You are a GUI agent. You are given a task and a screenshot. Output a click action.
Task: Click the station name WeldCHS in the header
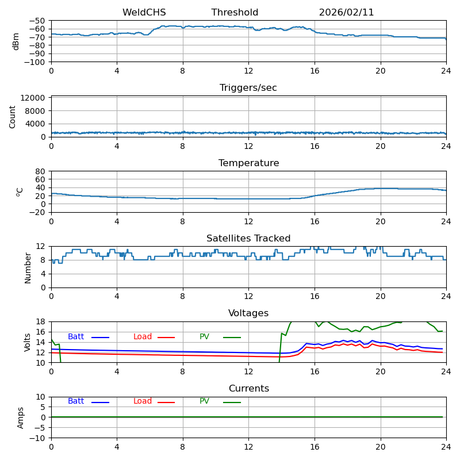144,13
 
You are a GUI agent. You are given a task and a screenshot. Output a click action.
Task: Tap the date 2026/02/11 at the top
346,13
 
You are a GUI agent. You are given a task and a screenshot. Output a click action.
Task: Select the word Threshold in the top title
235,13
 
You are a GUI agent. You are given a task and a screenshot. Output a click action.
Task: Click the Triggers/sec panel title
248,88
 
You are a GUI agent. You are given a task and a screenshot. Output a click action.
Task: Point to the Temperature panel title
248,163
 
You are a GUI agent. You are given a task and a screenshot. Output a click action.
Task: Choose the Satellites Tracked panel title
248,239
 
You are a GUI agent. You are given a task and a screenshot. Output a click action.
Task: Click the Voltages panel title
248,313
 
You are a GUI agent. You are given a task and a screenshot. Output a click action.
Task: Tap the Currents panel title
248,389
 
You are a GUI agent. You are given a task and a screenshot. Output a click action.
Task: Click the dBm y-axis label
16,41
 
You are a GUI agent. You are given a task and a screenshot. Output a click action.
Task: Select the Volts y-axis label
28,342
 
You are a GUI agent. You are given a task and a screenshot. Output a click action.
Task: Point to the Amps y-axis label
21,417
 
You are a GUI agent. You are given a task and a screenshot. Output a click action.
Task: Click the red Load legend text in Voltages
143,337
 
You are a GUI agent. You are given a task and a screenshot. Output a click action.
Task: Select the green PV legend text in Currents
204,401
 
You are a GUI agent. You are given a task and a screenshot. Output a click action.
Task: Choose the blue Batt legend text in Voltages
76,337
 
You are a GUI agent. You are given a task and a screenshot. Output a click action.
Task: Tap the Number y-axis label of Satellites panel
28,267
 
